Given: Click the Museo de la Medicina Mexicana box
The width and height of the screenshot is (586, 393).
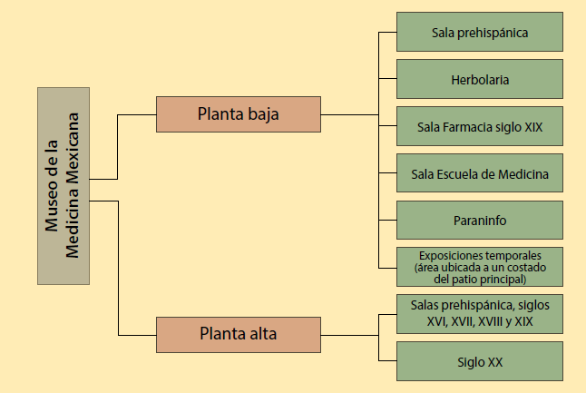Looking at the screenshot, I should pos(63,185).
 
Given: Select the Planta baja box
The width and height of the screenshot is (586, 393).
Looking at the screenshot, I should pos(239,114).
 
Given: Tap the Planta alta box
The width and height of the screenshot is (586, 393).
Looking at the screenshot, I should pos(239,334).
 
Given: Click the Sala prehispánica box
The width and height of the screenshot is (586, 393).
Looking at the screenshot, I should pos(480,33).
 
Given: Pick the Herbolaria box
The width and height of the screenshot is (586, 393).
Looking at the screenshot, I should pos(480,80).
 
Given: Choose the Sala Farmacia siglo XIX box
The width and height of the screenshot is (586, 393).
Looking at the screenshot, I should pos(480,126).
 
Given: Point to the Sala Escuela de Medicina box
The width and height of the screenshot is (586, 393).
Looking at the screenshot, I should pos(480,173).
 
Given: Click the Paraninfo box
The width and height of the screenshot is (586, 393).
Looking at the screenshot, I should pos(480,221).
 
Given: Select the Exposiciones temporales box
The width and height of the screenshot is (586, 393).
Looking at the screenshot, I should pos(480,267).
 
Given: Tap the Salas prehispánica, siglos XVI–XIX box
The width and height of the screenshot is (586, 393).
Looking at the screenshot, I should pos(480,314).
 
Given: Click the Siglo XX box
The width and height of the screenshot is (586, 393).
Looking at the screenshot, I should pos(480,361).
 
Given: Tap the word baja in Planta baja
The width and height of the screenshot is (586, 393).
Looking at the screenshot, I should pos(263,114).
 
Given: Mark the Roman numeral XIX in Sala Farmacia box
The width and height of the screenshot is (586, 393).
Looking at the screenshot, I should pos(533,126).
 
